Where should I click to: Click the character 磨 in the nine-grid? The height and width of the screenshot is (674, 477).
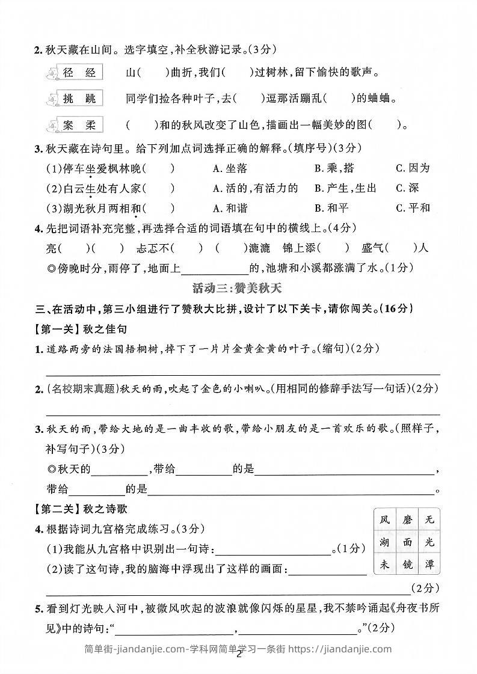tap(407, 519)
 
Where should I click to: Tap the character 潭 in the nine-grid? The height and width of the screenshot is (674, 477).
tap(429, 565)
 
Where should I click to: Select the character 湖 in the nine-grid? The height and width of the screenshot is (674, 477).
tap(385, 542)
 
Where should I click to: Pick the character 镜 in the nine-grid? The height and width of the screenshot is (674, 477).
tap(407, 565)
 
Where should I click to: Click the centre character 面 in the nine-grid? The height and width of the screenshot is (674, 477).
tap(407, 542)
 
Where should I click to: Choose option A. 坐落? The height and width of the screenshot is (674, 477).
tap(230, 168)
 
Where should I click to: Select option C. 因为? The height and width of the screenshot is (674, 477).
tap(413, 168)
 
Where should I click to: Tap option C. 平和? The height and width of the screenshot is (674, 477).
tap(413, 208)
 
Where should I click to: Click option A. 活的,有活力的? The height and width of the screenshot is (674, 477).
tap(255, 188)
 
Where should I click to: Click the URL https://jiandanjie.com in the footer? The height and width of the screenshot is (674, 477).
tap(340, 649)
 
